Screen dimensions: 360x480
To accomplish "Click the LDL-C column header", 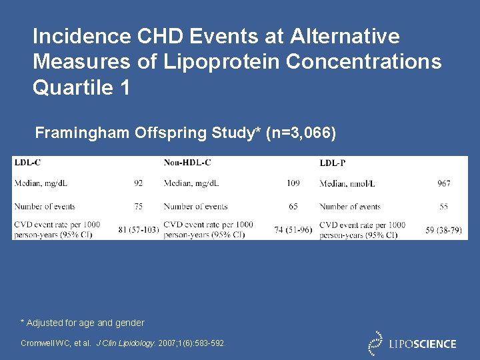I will click(27, 162).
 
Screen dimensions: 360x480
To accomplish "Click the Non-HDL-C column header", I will click(187, 162).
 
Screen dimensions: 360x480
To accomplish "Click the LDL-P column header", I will click(332, 163).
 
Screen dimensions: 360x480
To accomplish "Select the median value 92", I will click(138, 183).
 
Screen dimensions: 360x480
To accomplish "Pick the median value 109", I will click(293, 183).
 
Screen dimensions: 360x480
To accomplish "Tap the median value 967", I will click(443, 183).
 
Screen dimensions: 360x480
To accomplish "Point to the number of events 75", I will click(138, 207).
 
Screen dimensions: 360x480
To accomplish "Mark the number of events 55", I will click(443, 207).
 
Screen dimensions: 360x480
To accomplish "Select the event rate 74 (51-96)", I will click(293, 230).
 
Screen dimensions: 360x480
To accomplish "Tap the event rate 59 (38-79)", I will click(443, 230).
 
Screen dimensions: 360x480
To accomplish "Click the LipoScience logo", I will click(413, 343).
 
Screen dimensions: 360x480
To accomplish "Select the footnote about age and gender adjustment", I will click(82, 323).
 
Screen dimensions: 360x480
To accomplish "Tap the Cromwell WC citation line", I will click(123, 343).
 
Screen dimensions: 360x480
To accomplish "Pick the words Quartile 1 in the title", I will click(81, 87).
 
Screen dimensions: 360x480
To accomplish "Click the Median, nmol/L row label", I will click(351, 183).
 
